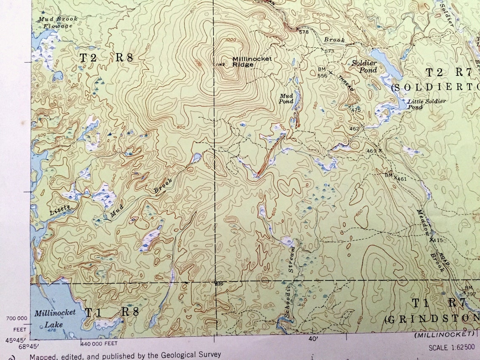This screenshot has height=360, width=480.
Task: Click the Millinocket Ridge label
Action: coord(252,61)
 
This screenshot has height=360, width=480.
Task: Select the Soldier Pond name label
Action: coord(364,66)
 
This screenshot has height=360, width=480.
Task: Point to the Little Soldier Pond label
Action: coord(426,104)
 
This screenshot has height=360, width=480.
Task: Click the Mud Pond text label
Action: coord(286,99)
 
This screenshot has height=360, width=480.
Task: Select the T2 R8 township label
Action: coord(107,58)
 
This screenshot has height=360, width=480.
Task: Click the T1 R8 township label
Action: coord(112,312)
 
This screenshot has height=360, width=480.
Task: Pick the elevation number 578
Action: coord(304,32)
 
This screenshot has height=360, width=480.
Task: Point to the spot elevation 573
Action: coord(329,51)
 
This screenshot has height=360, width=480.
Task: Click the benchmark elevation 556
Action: coord(322,75)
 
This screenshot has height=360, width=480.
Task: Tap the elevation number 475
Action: coord(356,110)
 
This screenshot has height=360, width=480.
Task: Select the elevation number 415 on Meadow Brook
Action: coord(437,240)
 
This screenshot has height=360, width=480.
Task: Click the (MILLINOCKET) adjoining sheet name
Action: coord(444,334)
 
